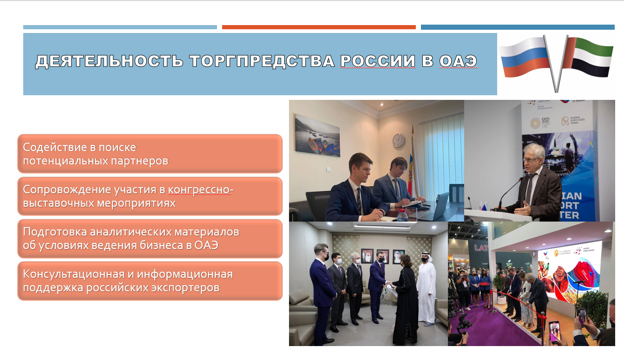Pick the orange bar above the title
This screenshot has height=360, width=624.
point(319,27)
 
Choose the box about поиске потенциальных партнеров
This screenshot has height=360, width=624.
point(150,154)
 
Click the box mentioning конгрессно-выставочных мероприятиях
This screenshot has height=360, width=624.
point(150,196)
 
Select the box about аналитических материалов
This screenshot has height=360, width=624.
point(150,238)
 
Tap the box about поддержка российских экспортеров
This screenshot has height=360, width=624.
point(150,281)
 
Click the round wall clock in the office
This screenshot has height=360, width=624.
point(398,140)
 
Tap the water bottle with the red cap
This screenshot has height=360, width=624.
point(402,215)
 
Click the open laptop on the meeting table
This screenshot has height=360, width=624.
point(437,207)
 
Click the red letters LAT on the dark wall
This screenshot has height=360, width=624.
point(481,248)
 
